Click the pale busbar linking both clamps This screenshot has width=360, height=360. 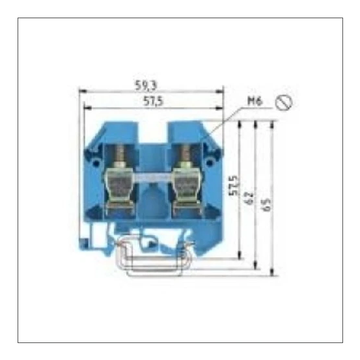[x=152, y=177]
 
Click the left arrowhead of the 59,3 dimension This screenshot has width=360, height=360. [x=81, y=92]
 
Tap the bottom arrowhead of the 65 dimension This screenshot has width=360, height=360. [x=274, y=273]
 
